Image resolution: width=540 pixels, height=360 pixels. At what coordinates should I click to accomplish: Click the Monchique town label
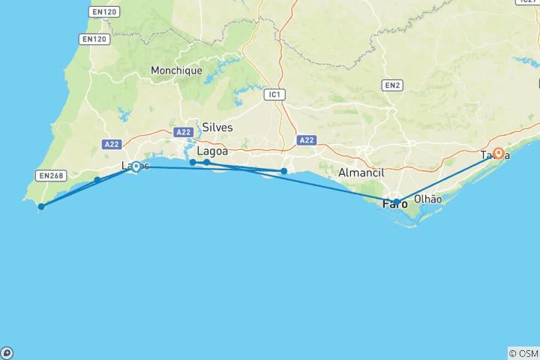pos(176,70)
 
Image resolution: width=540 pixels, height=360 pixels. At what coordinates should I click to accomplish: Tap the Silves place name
pos(217,127)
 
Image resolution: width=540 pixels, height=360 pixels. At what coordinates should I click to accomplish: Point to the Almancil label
pos(361,172)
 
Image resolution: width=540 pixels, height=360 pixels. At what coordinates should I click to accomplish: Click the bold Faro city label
pos(395,203)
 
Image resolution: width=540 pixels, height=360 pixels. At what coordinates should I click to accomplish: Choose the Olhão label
pos(428,199)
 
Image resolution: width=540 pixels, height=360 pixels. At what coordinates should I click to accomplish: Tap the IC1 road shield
pos(276,94)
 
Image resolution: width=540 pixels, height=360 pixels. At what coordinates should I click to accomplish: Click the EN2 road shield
pos(392,85)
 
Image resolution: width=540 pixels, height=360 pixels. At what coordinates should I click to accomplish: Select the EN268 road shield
pos(50,176)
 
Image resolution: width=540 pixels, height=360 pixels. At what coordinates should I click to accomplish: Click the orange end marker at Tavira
pos(498,154)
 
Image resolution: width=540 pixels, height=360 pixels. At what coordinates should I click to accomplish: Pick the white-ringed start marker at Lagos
pos(136,166)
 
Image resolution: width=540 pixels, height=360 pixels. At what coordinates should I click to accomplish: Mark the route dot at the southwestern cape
pos(41,206)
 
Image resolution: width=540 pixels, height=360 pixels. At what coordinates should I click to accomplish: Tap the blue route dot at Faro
pos(397,202)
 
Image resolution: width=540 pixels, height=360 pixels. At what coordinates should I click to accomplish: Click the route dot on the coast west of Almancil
pos(283,172)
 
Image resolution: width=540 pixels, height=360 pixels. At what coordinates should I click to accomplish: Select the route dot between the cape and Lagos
pos(97,180)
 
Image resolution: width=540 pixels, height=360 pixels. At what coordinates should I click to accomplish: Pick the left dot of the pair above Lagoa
pos(193,162)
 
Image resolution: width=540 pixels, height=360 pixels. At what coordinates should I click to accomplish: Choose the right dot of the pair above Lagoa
pos(207,163)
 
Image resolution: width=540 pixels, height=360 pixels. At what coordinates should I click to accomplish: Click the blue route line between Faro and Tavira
pos(447,178)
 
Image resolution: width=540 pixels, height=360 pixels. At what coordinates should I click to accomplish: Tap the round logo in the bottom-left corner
pos(6,352)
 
